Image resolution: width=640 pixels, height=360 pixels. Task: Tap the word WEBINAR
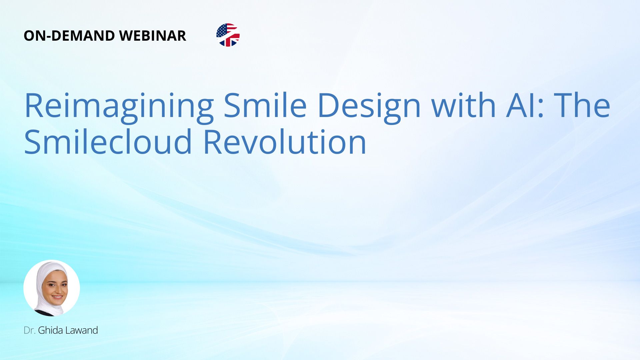(152, 36)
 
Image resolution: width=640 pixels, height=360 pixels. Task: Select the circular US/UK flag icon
(228, 35)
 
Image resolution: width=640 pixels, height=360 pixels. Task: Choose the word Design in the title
(369, 106)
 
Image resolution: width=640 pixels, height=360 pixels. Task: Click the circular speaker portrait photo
(52, 288)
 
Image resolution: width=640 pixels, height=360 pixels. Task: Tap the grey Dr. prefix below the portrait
(29, 330)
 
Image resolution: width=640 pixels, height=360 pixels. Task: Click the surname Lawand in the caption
(82, 330)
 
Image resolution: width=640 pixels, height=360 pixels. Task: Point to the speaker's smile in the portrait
(57, 297)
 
